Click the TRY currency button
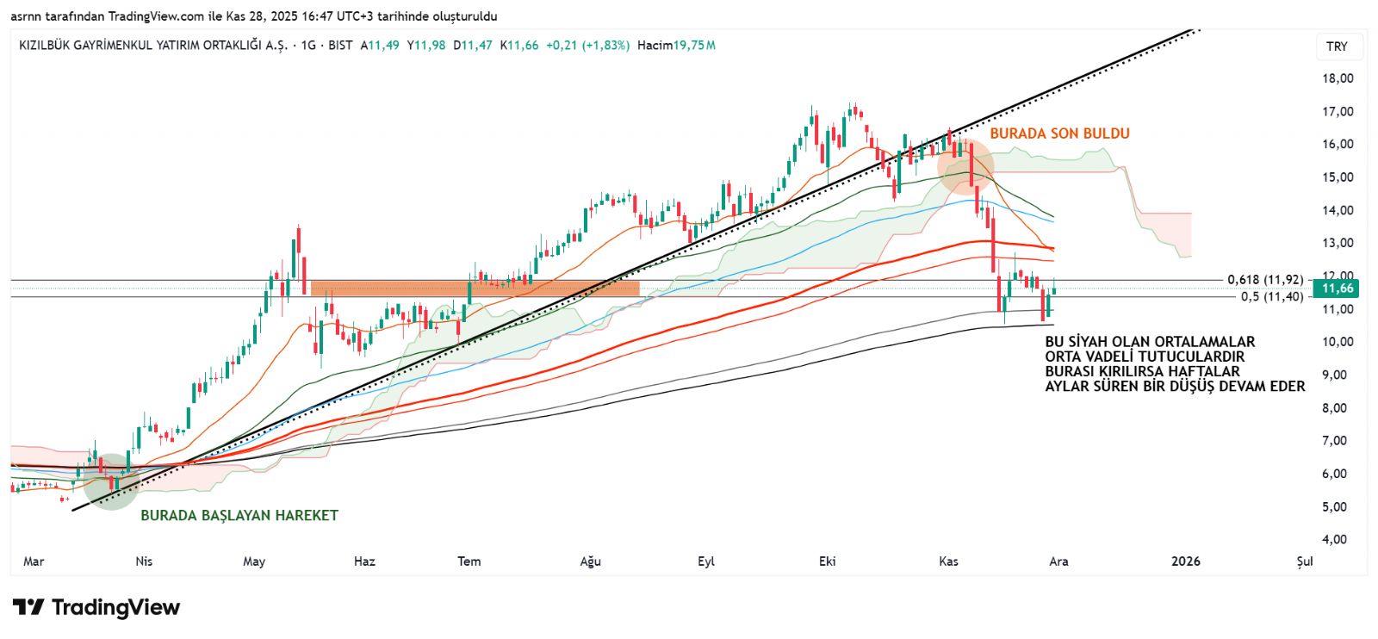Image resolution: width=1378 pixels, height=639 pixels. pyautogui.click(x=1337, y=47)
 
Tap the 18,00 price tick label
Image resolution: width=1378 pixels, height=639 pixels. pyautogui.click(x=1338, y=78)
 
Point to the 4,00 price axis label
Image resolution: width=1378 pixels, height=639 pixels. pyautogui.click(x=1338, y=540)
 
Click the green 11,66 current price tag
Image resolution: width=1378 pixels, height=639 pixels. pyautogui.click(x=1338, y=288)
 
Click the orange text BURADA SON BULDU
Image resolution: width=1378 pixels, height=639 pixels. pyautogui.click(x=1059, y=133)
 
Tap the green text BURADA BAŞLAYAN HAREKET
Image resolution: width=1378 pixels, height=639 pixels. pyautogui.click(x=239, y=516)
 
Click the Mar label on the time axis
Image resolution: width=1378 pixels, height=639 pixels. pyautogui.click(x=34, y=561)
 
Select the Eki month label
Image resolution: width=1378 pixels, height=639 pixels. pyautogui.click(x=827, y=561)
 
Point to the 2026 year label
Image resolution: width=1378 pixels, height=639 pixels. pyautogui.click(x=1186, y=561)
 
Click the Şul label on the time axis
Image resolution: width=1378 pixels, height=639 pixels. pyautogui.click(x=1305, y=561)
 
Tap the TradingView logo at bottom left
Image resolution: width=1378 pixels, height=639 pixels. pyautogui.click(x=96, y=608)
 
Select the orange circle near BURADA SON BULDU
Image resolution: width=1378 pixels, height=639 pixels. pyautogui.click(x=965, y=164)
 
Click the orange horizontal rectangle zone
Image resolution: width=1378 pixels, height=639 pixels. pyautogui.click(x=475, y=288)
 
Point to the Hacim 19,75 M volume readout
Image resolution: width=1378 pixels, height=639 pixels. pyautogui.click(x=676, y=45)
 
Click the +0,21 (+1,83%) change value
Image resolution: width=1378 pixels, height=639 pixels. pyautogui.click(x=587, y=45)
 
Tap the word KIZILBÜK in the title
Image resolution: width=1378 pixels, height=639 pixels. pyautogui.click(x=50, y=45)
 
